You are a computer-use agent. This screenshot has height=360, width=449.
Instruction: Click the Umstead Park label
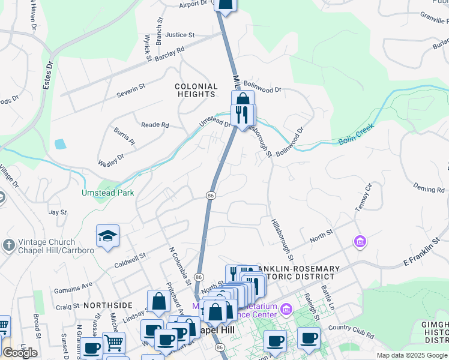coord(108,193)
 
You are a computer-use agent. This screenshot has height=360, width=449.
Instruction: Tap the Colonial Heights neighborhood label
coord(196,91)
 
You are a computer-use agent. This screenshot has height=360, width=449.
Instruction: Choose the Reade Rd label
coord(155,125)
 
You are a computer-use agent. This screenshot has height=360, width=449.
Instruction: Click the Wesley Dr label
coord(112,160)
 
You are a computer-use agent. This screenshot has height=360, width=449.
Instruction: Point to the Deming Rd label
coord(429,189)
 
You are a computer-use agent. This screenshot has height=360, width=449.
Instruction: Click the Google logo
coord(20,353)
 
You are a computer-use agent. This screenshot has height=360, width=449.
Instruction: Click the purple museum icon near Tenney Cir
coord(360,242)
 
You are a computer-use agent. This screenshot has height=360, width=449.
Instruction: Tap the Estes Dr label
coord(48,73)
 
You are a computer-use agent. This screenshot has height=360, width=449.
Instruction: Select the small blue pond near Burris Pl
coord(59,144)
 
